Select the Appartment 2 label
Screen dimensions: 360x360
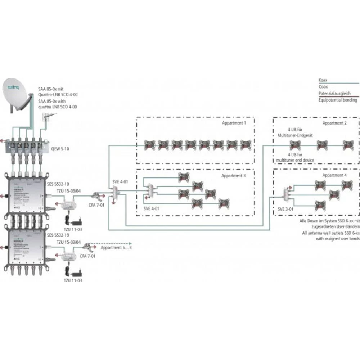pos(334,123)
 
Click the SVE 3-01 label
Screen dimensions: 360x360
pos(286,208)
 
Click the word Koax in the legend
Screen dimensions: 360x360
pos(323,80)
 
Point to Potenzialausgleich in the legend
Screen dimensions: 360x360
pos(334,93)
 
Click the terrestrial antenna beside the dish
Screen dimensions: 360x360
pos(47,117)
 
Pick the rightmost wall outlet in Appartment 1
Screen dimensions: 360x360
pos(246,145)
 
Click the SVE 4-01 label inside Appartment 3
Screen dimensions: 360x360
pos(152,208)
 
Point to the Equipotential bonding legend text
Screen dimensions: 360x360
pos(338,100)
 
